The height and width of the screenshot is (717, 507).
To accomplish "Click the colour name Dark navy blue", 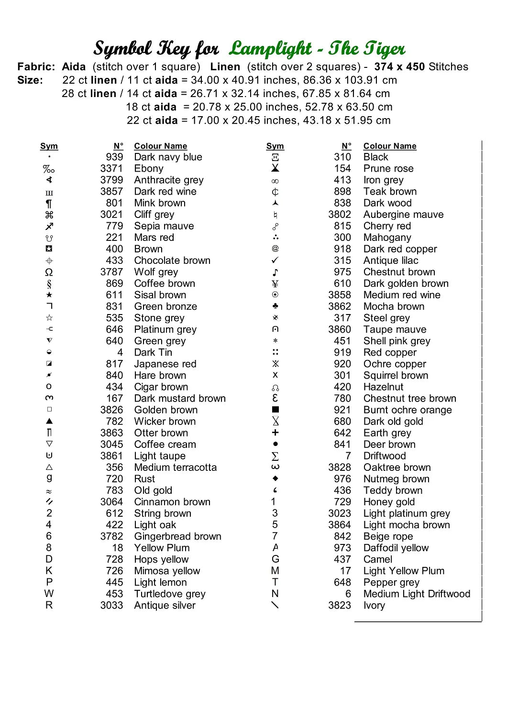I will point(168,157).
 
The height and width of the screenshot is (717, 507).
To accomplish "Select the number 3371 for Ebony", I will point(111,169).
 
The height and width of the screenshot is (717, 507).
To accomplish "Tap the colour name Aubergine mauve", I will point(403,215).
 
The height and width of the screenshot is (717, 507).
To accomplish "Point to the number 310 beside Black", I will point(342,157).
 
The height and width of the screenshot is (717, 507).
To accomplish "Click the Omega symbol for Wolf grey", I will point(49,272).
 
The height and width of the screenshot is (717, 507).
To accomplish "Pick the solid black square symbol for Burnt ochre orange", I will point(275,410).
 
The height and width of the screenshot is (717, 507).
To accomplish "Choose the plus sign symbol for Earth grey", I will point(275,433).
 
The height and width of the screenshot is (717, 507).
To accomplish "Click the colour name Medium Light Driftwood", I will point(417,594).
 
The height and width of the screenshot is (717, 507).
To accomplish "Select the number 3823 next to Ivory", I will point(340,605).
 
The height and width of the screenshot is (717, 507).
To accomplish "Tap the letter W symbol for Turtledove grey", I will point(49,594).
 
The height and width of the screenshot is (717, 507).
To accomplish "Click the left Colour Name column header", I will point(160,146).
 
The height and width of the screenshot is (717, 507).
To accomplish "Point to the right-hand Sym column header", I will point(275,146).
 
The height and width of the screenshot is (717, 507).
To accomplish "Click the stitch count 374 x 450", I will point(399,67).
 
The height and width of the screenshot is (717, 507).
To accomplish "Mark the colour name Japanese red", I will point(165,364).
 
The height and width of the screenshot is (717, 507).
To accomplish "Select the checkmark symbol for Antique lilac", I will point(275,261).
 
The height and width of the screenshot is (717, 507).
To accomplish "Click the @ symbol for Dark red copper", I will point(275,249).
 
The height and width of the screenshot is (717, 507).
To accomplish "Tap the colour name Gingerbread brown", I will point(177,536).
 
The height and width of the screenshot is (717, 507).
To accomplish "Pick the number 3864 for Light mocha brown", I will point(340,525).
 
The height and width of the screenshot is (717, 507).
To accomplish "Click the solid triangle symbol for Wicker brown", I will point(49,421).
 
